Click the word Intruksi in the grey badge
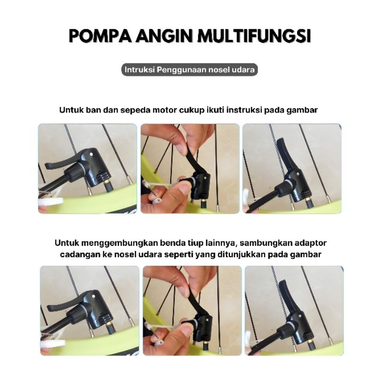click(x=139, y=70)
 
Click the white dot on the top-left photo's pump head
click(x=91, y=154)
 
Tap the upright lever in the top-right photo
click(x=284, y=155)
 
